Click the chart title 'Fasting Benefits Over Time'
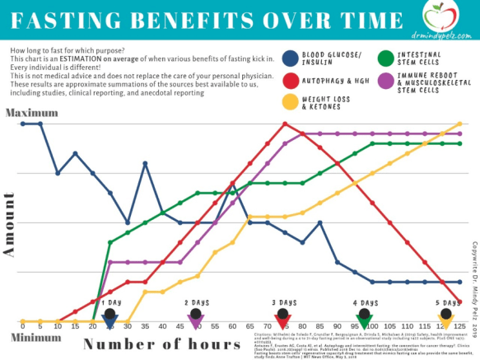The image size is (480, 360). tap(202, 19)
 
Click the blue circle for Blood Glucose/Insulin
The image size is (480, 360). tap(289, 58)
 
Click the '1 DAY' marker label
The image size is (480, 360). tap(111, 302)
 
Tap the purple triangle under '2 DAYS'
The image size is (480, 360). tap(196, 323)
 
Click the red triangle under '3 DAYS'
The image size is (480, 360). tap(282, 323)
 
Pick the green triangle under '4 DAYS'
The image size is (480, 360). tap(364, 323)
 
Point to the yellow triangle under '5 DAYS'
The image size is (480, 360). tap(445, 323)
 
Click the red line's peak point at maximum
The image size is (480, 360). tap(285, 124)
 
